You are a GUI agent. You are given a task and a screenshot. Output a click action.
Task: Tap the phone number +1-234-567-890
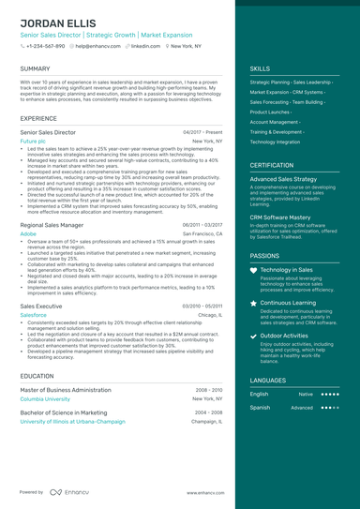pyautogui.click(x=46, y=45)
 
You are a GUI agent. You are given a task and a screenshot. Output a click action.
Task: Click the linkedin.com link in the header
pyautogui.click(x=145, y=45)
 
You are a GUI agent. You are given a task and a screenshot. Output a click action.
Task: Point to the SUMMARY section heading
pyautogui.click(x=35, y=68)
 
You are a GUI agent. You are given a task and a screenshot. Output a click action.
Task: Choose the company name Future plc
pyautogui.click(x=33, y=141)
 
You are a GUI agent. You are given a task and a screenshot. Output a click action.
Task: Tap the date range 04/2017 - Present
pyautogui.click(x=202, y=132)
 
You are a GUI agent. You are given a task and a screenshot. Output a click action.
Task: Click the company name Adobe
pyautogui.click(x=27, y=233)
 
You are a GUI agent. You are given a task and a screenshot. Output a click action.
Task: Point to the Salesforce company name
pyautogui.click(x=33, y=315)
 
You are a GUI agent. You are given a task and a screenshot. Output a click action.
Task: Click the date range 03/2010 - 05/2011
pyautogui.click(x=202, y=307)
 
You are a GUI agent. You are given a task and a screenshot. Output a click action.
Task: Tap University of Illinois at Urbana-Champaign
pyautogui.click(x=72, y=422)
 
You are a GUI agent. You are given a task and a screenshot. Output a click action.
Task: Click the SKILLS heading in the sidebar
pyautogui.click(x=260, y=68)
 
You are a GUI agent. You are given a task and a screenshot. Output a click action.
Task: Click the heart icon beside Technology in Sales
pyautogui.click(x=254, y=270)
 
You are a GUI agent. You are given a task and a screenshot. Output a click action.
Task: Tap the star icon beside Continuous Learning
pyautogui.click(x=254, y=304)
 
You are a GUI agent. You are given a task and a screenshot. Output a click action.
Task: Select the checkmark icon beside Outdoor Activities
pyautogui.click(x=254, y=336)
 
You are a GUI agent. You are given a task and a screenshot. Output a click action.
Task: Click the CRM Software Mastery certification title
pyautogui.click(x=281, y=217)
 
